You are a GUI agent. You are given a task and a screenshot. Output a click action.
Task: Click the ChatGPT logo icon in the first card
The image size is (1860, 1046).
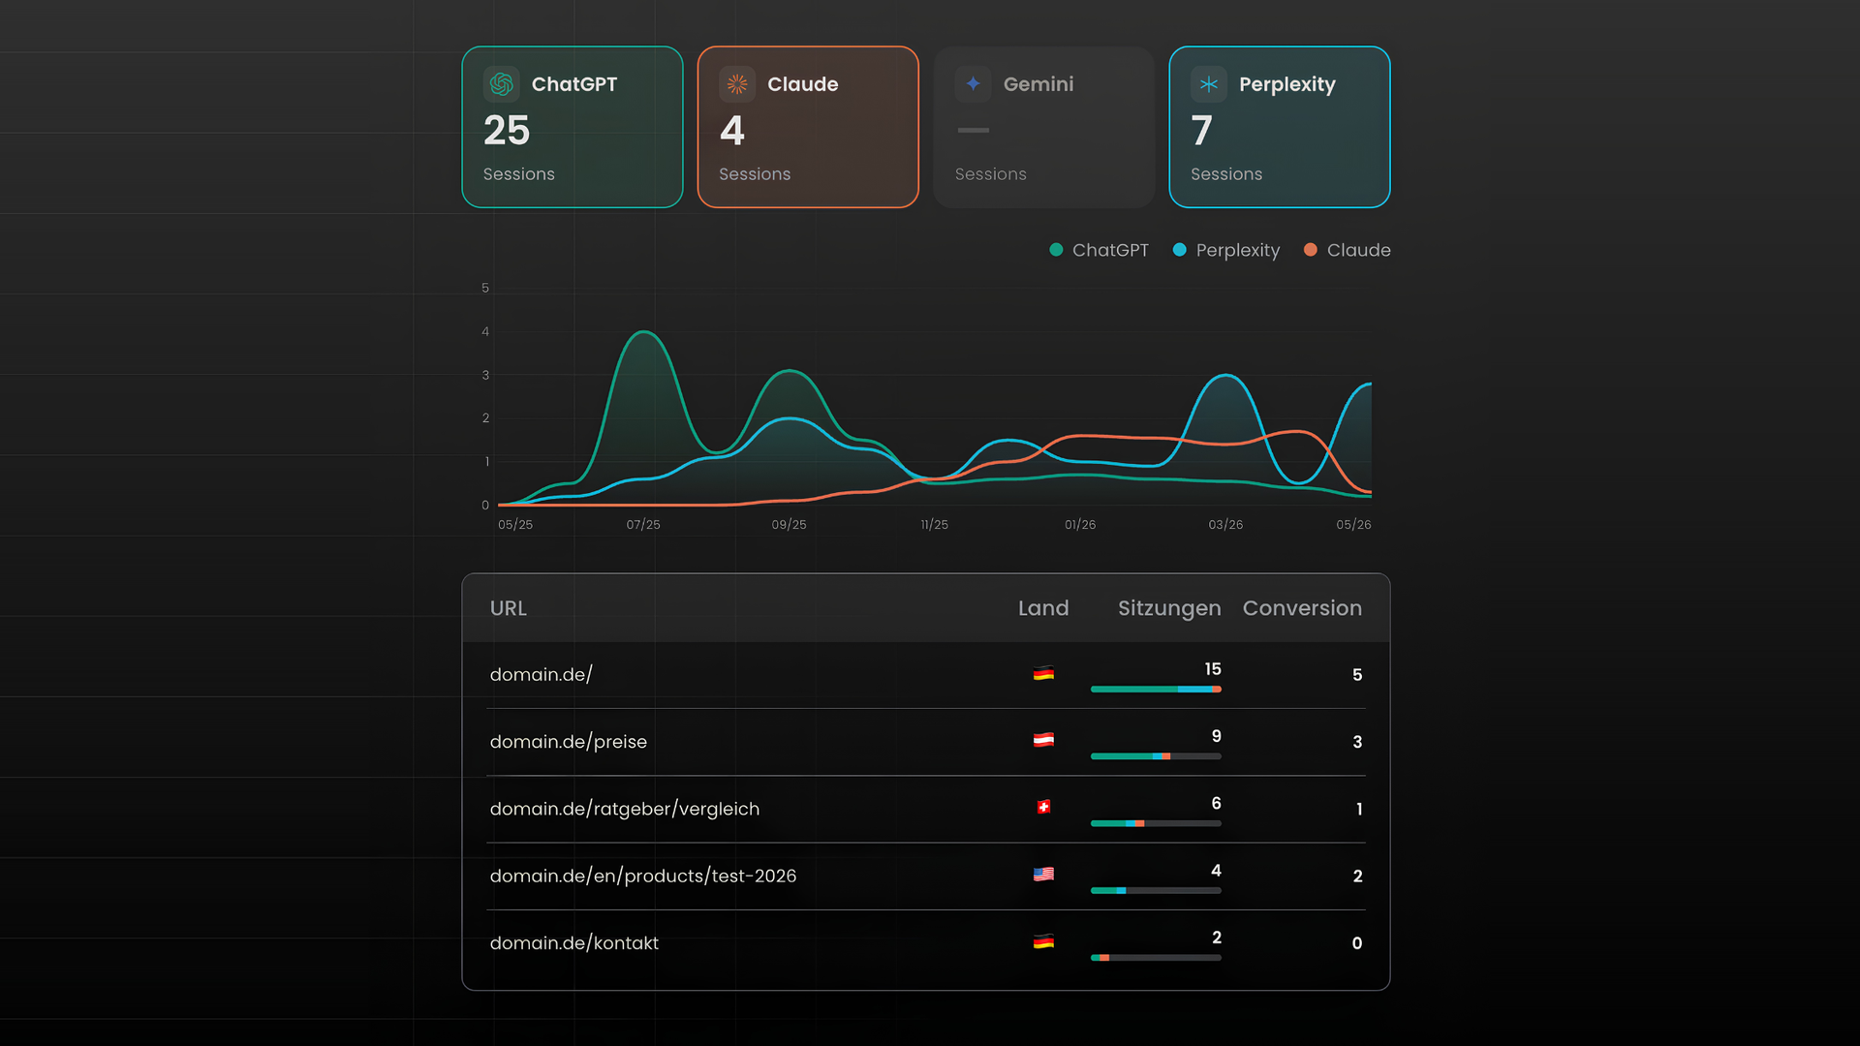502,84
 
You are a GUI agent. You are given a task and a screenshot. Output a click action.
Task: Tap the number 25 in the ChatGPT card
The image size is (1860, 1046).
507,131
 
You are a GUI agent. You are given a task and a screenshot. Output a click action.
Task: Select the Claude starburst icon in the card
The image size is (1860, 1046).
737,84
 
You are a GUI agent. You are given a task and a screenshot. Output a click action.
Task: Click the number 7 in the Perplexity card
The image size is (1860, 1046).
1201,131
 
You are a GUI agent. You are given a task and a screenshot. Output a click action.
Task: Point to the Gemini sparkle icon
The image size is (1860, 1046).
973,84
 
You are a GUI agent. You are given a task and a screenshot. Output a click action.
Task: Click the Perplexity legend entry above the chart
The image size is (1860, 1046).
1226,250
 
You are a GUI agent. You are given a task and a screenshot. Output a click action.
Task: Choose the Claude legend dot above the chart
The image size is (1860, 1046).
1310,250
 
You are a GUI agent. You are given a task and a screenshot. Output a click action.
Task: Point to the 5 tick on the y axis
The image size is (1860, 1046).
485,288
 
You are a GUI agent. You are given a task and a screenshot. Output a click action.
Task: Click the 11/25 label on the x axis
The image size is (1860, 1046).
935,524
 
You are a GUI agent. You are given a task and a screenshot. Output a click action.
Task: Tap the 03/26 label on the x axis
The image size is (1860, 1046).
1225,524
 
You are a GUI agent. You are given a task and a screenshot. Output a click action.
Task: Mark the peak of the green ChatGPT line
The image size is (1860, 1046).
643,332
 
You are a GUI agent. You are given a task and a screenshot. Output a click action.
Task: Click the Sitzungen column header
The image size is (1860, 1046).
1169,608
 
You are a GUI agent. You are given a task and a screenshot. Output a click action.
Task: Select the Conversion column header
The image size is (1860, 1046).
1302,608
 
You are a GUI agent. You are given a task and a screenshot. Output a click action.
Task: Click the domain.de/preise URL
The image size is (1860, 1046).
569,742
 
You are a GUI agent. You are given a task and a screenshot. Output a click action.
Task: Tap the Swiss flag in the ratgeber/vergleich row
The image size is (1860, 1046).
1043,807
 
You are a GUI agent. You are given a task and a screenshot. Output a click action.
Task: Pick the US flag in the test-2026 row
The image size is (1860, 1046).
1043,874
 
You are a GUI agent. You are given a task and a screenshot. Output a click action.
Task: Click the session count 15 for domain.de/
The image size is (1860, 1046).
1213,669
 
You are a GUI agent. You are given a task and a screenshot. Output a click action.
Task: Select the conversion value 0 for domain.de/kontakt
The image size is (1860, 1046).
1357,943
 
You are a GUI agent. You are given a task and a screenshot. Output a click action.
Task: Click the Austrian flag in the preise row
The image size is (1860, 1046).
1043,740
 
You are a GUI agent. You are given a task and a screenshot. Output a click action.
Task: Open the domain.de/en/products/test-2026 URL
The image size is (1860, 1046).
643,877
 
